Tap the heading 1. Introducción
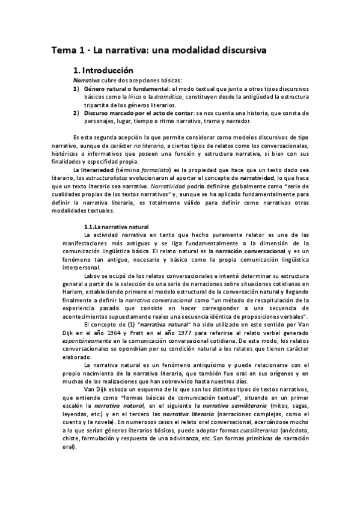coord(107,70)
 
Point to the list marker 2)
coord(76,112)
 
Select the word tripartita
coord(99,104)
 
